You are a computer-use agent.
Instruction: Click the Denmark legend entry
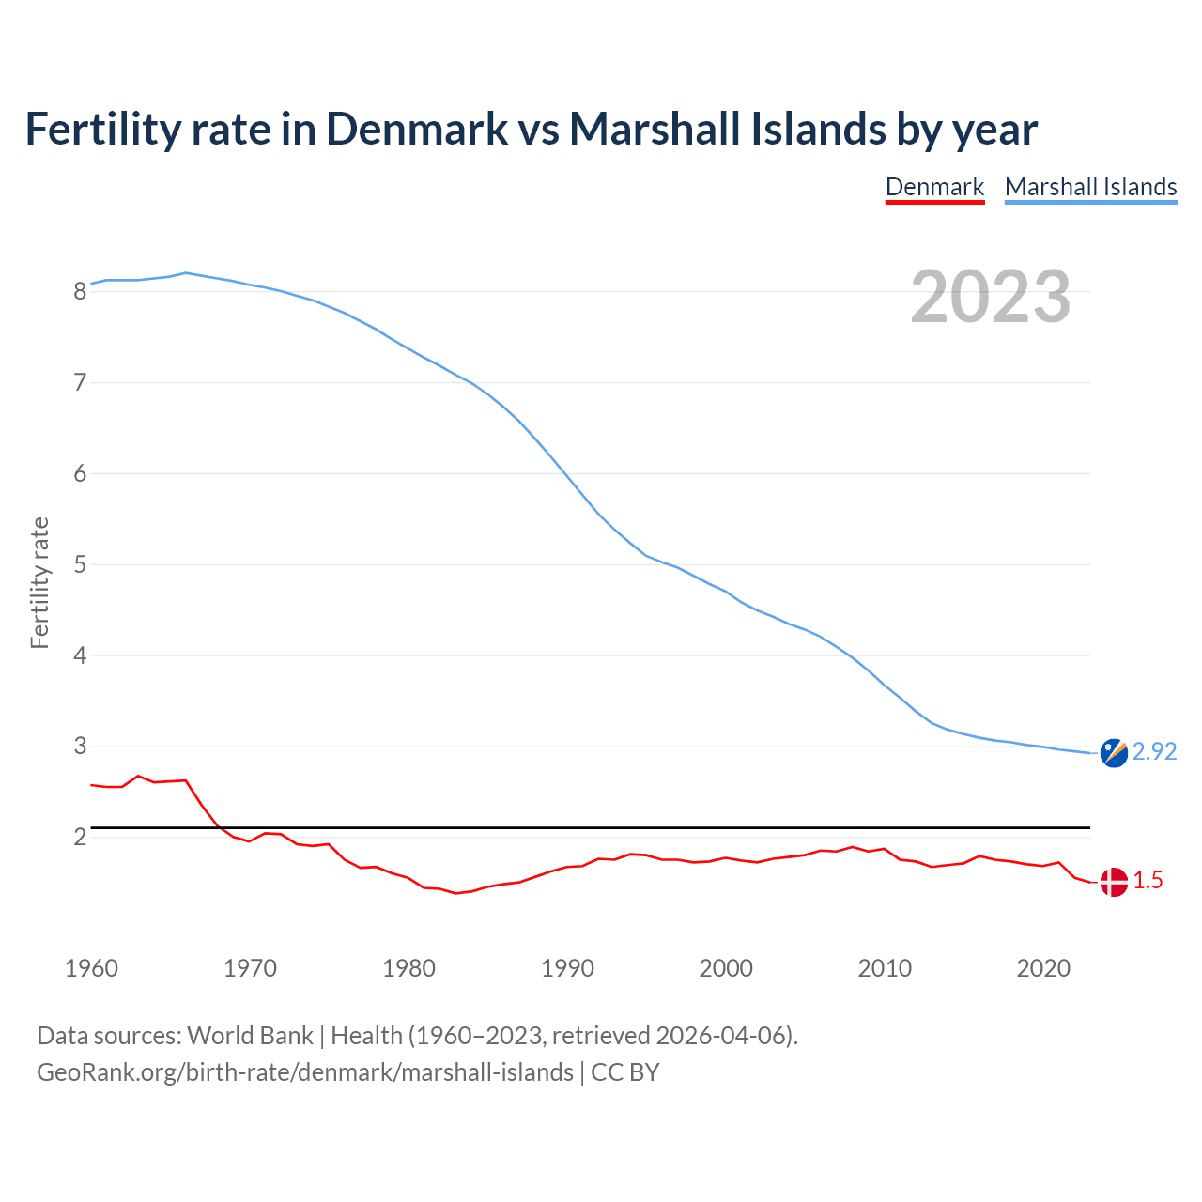point(934,187)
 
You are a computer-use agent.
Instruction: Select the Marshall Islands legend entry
point(1090,187)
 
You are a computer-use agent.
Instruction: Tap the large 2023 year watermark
point(990,297)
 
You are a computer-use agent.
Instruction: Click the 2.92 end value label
point(1154,751)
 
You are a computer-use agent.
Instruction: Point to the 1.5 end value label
point(1148,880)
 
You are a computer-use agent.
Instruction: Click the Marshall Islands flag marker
point(1114,753)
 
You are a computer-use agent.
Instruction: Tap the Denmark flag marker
point(1114,882)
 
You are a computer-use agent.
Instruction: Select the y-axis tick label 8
point(80,291)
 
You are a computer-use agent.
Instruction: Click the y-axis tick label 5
point(80,564)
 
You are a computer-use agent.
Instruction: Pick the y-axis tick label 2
point(80,837)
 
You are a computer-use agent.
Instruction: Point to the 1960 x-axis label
point(91,968)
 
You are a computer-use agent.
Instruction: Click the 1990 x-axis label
point(567,968)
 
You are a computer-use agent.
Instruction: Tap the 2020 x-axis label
point(1043,968)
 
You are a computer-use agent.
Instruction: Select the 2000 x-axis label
point(726,968)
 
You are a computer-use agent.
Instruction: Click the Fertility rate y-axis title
point(39,582)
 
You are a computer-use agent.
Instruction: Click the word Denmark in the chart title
point(417,129)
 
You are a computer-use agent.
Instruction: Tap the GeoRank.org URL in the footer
point(305,1071)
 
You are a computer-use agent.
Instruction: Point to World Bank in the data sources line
point(250,1035)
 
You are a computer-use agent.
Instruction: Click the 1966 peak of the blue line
point(186,272)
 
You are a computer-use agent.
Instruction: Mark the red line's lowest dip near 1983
point(456,893)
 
